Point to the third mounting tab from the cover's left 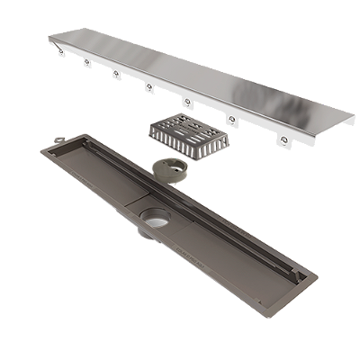point(117,75)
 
